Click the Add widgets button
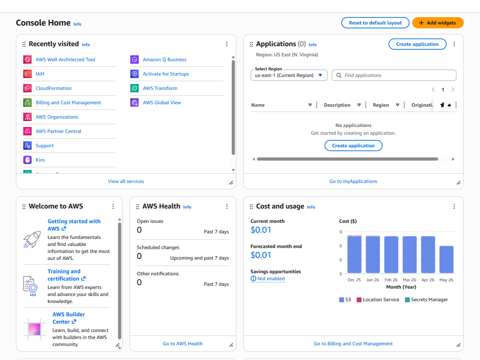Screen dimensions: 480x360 tap(438, 23)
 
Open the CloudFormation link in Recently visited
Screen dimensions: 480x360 tap(54, 88)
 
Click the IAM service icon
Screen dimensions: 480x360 tap(27, 74)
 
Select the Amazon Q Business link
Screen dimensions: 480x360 tap(164, 59)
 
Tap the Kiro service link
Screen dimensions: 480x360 tap(40, 160)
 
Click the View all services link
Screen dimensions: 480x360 tap(126, 181)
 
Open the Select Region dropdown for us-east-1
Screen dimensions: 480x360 tap(289, 76)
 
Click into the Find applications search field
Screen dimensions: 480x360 tap(394, 76)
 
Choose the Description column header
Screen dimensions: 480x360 tap(337, 105)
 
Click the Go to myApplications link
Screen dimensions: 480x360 tap(353, 181)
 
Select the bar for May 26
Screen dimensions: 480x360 tap(446, 260)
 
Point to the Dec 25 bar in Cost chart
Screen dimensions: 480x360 tap(354, 254)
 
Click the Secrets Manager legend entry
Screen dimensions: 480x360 tap(426, 300)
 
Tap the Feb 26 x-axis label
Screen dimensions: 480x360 tap(391, 280)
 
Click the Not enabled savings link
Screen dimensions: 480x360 tap(267, 279)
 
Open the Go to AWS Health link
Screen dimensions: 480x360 tap(183, 344)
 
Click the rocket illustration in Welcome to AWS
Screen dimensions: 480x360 tap(32, 240)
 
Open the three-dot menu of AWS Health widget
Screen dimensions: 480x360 tap(227, 206)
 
